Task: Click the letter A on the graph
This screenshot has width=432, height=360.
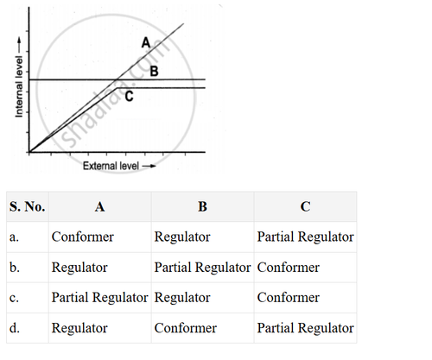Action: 146,42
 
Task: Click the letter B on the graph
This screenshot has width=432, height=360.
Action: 154,71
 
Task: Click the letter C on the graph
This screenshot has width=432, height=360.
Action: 129,96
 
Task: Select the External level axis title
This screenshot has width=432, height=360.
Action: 111,166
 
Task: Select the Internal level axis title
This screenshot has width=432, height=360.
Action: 19,86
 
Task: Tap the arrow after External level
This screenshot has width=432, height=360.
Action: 149,166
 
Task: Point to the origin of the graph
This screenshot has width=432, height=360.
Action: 29,152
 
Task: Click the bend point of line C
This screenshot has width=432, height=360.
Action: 117,88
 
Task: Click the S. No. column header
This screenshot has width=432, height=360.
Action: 27,206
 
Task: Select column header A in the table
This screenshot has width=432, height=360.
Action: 99,206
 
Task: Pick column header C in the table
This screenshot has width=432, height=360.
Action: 305,206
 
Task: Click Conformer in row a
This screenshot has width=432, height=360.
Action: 83,237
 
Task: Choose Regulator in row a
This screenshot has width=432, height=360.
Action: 182,237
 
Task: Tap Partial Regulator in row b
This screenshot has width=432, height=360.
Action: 202,268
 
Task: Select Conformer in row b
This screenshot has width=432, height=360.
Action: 289,268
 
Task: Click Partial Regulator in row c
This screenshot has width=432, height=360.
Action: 99,298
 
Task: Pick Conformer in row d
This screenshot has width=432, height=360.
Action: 186,328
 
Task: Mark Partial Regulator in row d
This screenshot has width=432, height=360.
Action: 305,328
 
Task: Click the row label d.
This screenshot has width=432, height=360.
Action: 15,328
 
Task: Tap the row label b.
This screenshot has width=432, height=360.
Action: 15,268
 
